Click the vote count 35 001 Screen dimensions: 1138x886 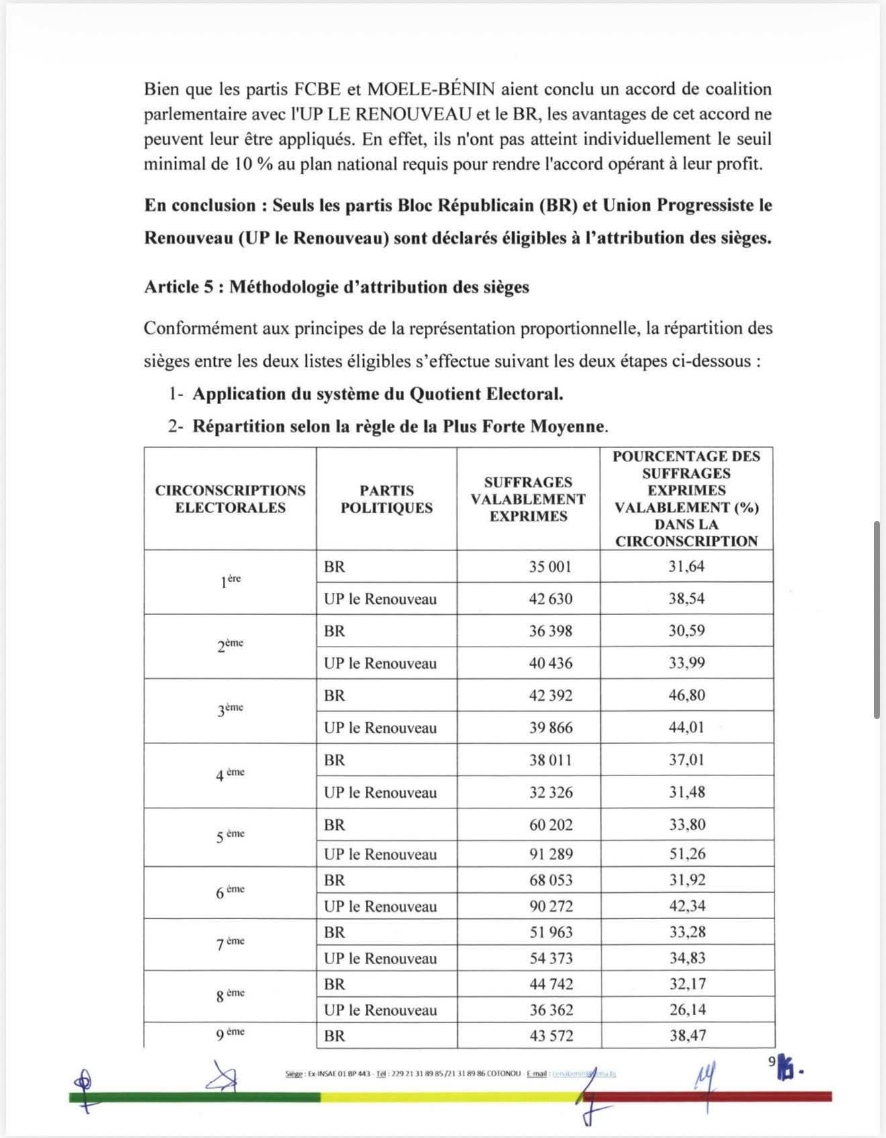point(550,567)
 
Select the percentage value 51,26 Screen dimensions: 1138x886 point(687,854)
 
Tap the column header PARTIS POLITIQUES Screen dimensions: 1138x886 point(386,499)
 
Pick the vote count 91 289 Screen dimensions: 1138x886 point(550,854)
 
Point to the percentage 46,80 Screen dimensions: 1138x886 point(687,696)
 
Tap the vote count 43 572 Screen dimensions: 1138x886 point(550,1036)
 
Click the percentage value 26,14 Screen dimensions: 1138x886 point(687,1010)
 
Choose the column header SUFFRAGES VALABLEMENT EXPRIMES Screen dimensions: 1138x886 point(528,499)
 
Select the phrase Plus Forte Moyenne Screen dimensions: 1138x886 point(524,427)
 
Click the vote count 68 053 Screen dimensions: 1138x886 point(550,880)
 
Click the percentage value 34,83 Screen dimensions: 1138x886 point(687,958)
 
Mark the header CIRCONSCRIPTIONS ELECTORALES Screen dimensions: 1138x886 point(230,499)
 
